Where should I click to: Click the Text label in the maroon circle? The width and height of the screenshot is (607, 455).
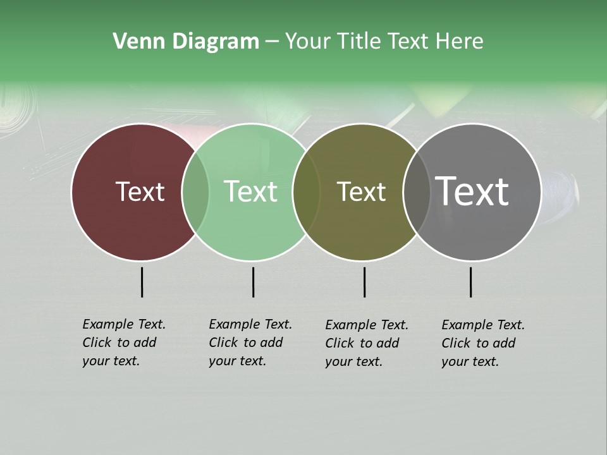pyautogui.click(x=140, y=191)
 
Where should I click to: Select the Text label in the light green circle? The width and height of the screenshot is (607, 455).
pyautogui.click(x=251, y=191)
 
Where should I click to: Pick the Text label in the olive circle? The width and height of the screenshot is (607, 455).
pyautogui.click(x=361, y=191)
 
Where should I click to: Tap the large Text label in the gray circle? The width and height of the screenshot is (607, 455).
pyautogui.click(x=472, y=191)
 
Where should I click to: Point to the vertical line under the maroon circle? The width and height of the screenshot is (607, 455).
pyautogui.click(x=142, y=282)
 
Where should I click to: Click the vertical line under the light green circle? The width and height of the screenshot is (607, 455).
pyautogui.click(x=253, y=282)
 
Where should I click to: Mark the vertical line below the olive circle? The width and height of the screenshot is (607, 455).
pyautogui.click(x=364, y=282)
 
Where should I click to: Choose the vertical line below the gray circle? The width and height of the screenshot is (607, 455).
pyautogui.click(x=470, y=282)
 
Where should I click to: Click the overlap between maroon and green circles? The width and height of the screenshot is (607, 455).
pyautogui.click(x=195, y=191)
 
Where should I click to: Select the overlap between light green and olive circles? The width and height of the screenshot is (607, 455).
pyautogui.click(x=306, y=191)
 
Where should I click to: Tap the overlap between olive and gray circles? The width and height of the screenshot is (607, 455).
pyautogui.click(x=415, y=191)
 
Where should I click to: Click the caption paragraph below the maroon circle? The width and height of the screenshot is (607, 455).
pyautogui.click(x=123, y=343)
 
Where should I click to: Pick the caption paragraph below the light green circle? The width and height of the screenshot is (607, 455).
pyautogui.click(x=250, y=343)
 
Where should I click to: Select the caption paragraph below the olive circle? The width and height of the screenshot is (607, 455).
pyautogui.click(x=366, y=343)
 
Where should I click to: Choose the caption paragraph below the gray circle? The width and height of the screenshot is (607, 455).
pyautogui.click(x=482, y=343)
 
